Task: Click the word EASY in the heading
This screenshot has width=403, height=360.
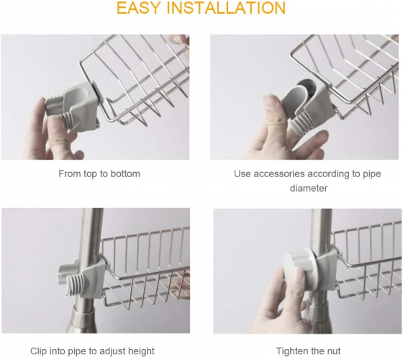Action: point(137,8)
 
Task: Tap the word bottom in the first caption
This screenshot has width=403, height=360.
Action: point(125,174)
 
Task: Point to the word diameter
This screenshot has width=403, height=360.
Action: point(309,188)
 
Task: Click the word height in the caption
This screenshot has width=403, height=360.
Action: point(141,351)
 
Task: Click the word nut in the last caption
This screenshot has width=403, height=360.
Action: point(333,351)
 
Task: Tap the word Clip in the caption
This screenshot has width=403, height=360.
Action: point(38,351)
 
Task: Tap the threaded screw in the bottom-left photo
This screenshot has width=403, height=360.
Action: point(74,283)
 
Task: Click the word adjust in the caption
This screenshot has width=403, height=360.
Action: point(112,351)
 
